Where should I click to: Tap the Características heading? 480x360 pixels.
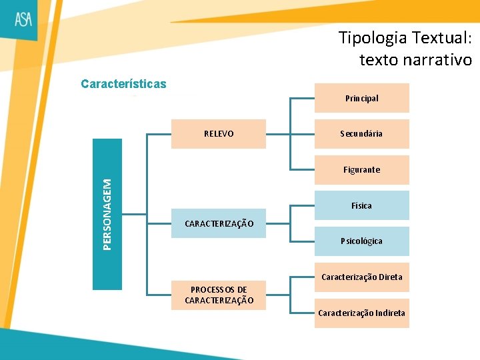[x=123, y=84]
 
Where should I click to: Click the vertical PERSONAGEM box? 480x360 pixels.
[x=107, y=214]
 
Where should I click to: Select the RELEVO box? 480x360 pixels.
[x=219, y=134]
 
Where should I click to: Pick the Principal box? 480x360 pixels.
[x=361, y=98]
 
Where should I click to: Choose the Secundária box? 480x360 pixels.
[x=361, y=134]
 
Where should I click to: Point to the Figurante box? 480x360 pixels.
[x=361, y=170]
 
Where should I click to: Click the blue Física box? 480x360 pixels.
[x=361, y=206]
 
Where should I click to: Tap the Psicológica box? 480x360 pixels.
[x=361, y=241]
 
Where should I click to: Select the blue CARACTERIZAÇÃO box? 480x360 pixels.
[x=219, y=224]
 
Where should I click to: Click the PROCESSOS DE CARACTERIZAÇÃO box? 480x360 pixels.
[x=219, y=295]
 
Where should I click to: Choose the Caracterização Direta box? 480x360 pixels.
[x=361, y=277]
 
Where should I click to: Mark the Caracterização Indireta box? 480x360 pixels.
[x=361, y=313]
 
